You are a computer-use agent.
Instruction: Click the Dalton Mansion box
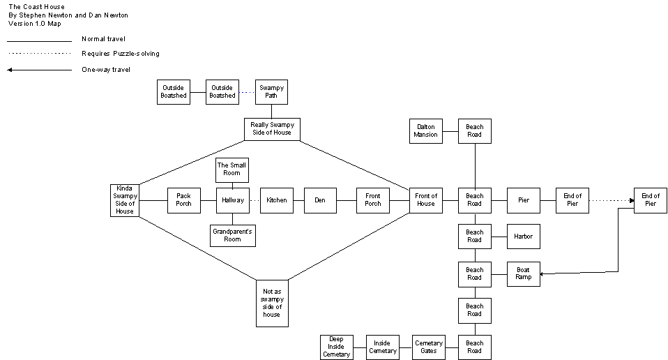[x=426, y=130]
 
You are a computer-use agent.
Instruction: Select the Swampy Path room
[x=271, y=91]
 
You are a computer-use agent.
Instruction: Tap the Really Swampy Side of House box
[x=272, y=129]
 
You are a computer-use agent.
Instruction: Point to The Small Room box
[x=232, y=170]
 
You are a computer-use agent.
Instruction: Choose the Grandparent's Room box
[x=233, y=235]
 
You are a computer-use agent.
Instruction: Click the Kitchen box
[x=277, y=200]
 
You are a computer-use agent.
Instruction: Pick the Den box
[x=320, y=200]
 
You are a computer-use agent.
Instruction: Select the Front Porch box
[x=373, y=200]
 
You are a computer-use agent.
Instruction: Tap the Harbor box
[x=524, y=237]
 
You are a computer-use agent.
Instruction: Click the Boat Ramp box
[x=523, y=273]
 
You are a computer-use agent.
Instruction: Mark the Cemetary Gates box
[x=429, y=347]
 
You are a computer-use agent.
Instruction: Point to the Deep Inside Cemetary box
[x=336, y=347]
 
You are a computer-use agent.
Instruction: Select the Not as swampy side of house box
[x=272, y=303]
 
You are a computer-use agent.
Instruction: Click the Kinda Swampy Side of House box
[x=125, y=200]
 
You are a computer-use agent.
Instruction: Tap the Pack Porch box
[x=183, y=200]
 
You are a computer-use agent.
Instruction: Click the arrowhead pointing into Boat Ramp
[x=543, y=274]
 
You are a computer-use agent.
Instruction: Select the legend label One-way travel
[x=106, y=70]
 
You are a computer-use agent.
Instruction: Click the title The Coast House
[x=36, y=7]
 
